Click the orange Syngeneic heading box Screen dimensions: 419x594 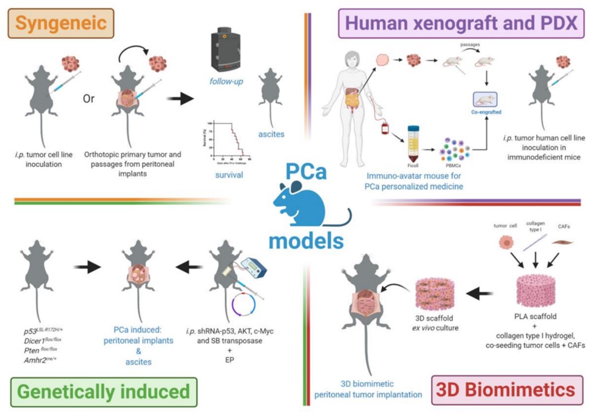click(x=61, y=23)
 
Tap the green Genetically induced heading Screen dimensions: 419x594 click(x=103, y=391)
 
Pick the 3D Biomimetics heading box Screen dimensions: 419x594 click(x=506, y=390)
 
